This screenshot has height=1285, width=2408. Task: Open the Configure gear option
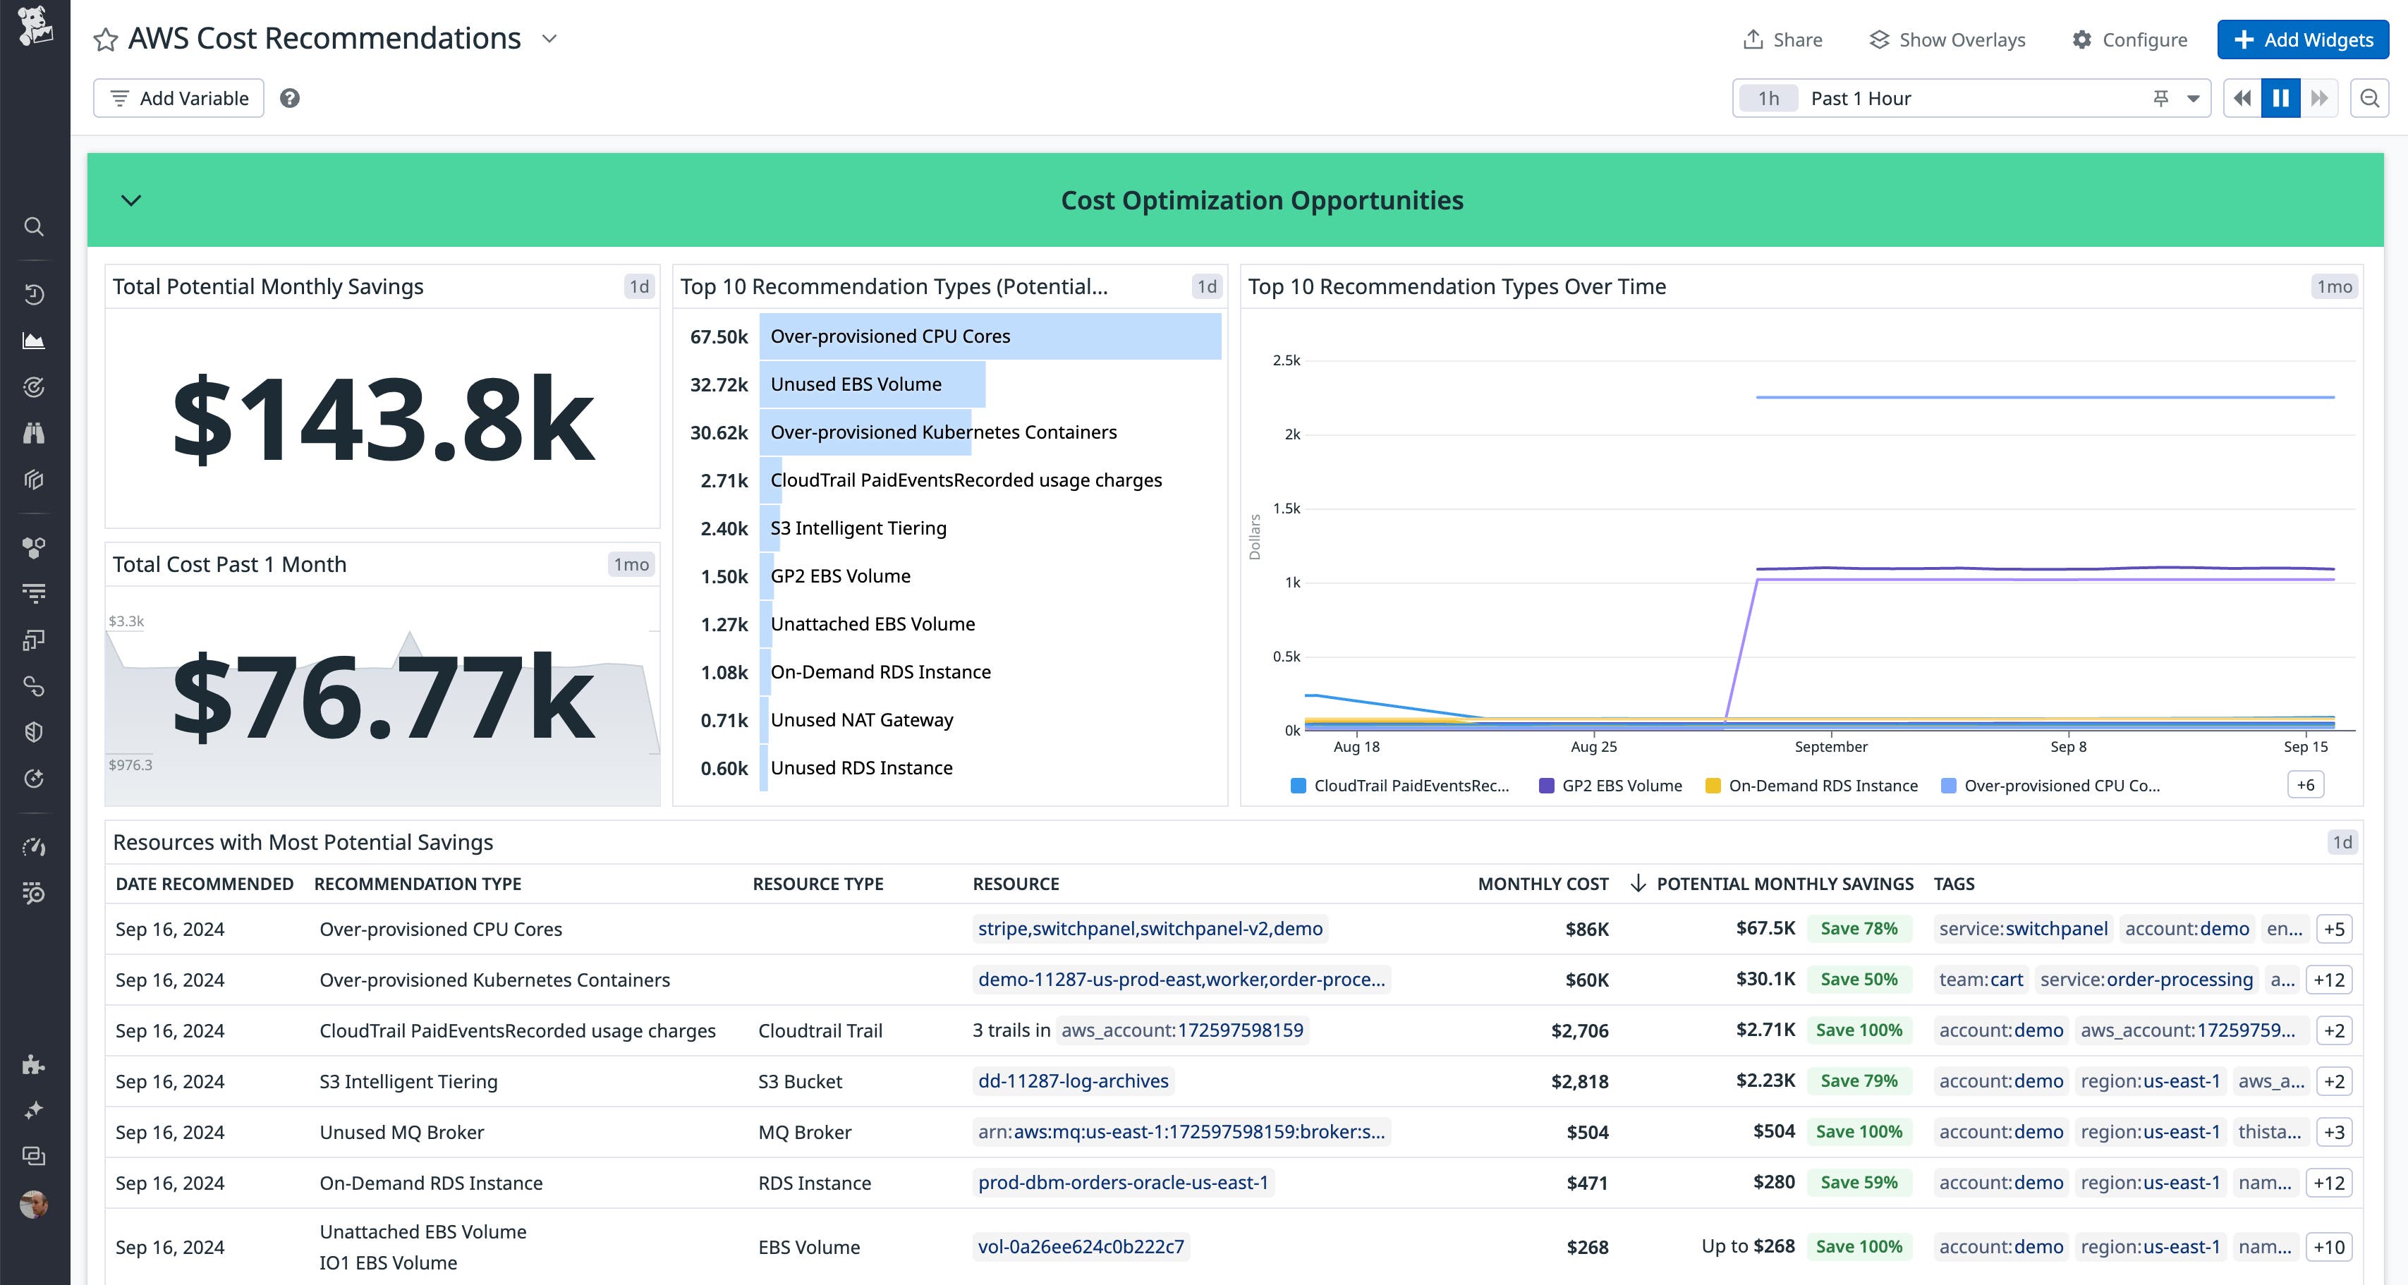click(x=2129, y=39)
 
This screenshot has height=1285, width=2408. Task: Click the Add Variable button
click(x=178, y=98)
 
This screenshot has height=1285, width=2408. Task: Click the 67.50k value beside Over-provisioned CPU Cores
click(x=719, y=336)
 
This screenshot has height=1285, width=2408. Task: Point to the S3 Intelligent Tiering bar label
click(x=858, y=528)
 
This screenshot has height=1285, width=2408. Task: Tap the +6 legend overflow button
click(x=2305, y=785)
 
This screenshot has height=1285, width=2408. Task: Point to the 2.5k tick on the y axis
click(x=1287, y=360)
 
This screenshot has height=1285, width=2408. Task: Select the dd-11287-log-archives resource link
click(x=1073, y=1081)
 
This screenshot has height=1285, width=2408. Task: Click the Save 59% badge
click(x=1859, y=1182)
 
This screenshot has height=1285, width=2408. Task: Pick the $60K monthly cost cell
click(x=1586, y=980)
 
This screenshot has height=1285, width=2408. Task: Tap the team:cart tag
click(x=1980, y=980)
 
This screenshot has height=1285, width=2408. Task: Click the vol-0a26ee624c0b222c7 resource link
click(x=1081, y=1247)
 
